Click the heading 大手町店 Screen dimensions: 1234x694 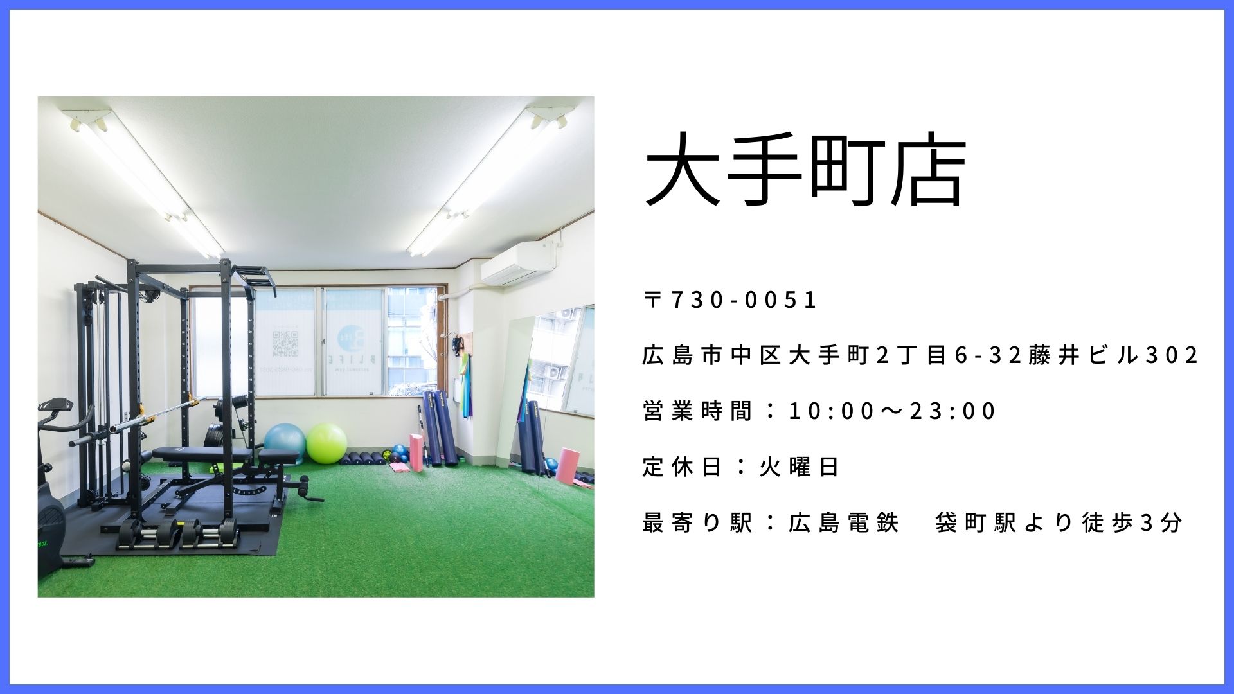[805, 172]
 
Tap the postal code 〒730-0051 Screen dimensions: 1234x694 [730, 300]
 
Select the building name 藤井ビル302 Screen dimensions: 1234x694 [1114, 355]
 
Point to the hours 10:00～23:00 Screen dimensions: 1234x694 [892, 411]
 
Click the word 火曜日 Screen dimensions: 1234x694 [799, 467]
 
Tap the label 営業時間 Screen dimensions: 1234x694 [697, 411]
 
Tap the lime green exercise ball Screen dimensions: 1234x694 [326, 442]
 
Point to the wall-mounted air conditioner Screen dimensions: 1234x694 [517, 262]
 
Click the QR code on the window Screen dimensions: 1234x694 [285, 343]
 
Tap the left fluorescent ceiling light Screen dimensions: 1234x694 [143, 181]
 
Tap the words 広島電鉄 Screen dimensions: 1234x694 [843, 523]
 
